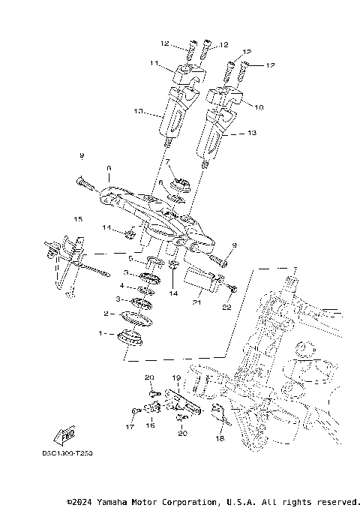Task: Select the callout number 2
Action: [106, 313]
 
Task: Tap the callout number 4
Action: [122, 286]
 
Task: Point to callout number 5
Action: [130, 258]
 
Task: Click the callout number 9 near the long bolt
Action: [82, 155]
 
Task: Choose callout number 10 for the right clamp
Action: [259, 107]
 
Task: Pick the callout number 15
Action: [76, 218]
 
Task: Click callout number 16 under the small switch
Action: [149, 425]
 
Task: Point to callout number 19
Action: [176, 378]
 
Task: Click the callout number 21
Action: [196, 302]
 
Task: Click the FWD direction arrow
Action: [63, 435]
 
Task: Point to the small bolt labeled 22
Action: [232, 288]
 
